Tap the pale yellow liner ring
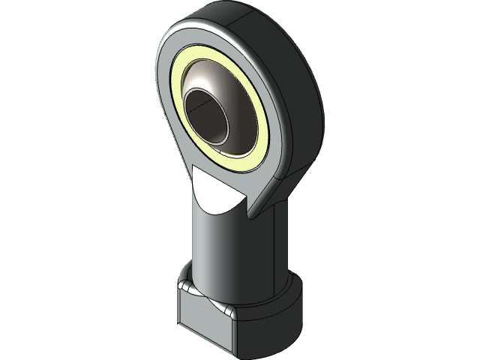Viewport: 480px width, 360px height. (x=255, y=127)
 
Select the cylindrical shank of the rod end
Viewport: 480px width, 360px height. (x=225, y=247)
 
